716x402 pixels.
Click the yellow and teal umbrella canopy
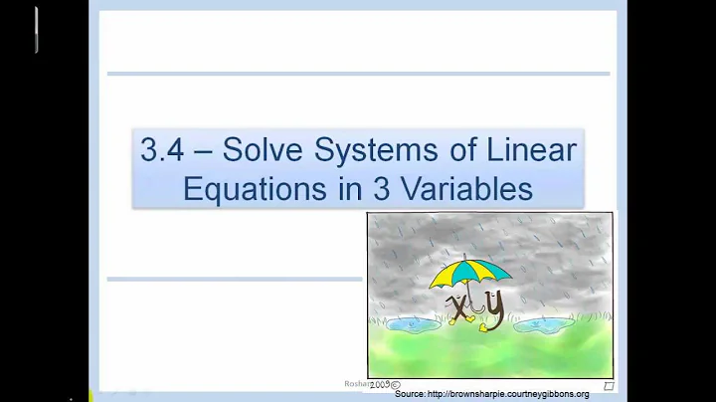[471, 271]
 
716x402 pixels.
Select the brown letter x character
[460, 309]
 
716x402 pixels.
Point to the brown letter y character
[494, 308]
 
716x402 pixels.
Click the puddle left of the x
[411, 323]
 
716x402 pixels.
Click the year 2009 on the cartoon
[380, 383]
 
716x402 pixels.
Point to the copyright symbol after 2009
[396, 383]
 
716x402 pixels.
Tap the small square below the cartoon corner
[609, 385]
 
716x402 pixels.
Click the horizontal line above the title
[358, 74]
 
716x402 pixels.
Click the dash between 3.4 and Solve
[199, 152]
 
